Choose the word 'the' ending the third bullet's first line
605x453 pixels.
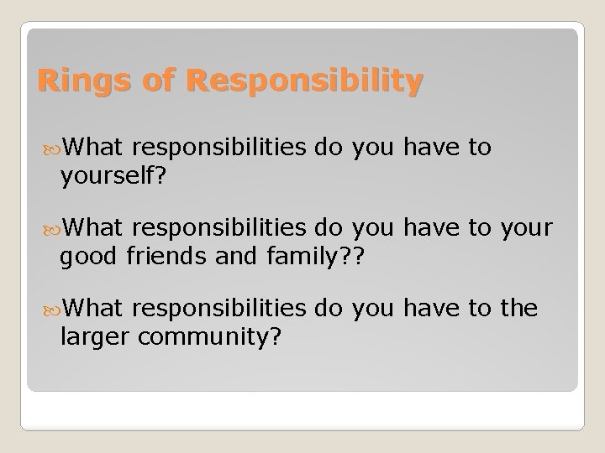click(x=518, y=308)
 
